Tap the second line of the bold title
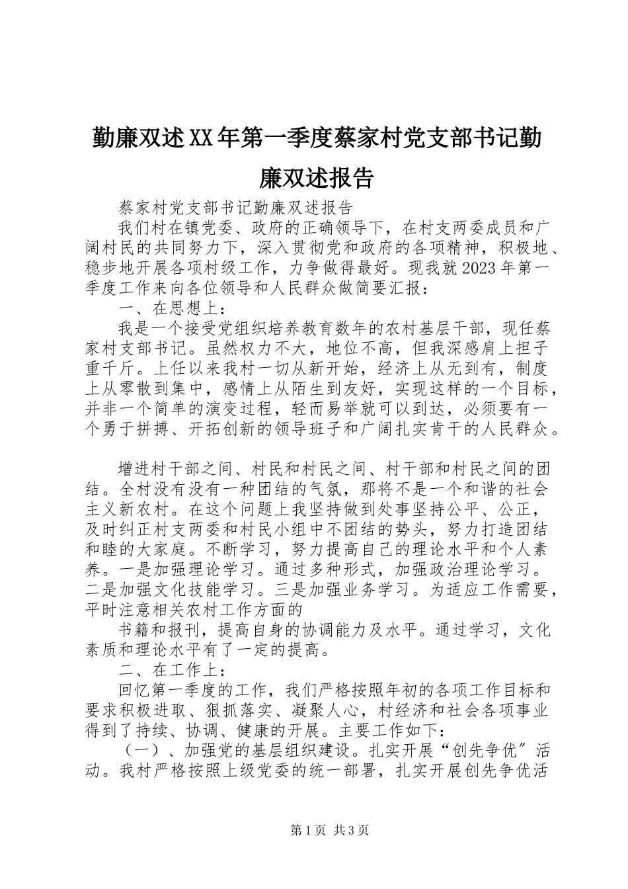[x=314, y=177]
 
